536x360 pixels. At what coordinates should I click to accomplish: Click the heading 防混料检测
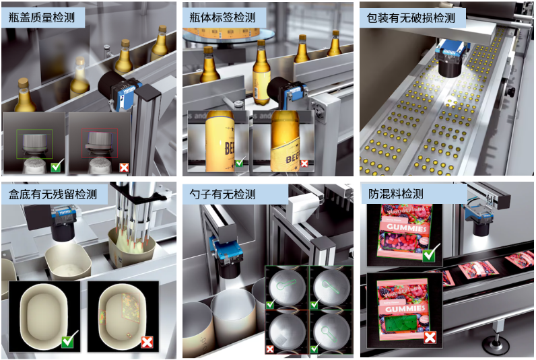[396, 195]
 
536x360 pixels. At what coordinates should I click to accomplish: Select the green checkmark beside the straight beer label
[239, 162]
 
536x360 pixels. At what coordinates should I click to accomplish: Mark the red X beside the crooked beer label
[304, 163]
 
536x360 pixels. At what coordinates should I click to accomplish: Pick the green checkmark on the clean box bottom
[68, 341]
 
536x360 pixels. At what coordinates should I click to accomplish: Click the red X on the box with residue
[146, 342]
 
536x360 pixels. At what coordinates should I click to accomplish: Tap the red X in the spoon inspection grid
[271, 349]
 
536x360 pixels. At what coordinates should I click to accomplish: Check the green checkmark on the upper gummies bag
[429, 254]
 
